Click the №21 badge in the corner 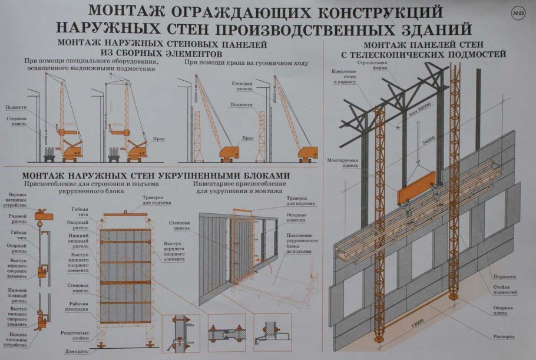(x=519, y=14)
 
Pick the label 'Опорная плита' (x=503, y=311)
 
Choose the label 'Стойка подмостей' (x=505, y=289)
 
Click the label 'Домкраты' (x=77, y=351)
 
